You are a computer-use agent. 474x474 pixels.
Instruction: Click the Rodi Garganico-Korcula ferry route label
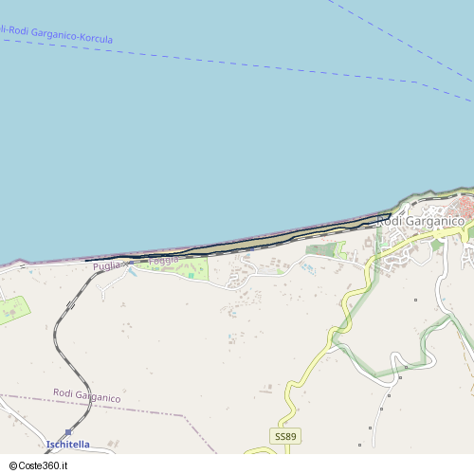pos(57,35)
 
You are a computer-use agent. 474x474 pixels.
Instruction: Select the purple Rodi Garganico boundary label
pos(86,395)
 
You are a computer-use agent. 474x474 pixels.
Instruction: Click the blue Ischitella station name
pos(67,444)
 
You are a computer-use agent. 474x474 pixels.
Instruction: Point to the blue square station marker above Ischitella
pos(68,431)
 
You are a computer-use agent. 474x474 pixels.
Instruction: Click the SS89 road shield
pos(284,436)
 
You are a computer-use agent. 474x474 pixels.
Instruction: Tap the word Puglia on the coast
pos(106,266)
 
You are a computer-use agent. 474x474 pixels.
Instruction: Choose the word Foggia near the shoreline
pos(163,260)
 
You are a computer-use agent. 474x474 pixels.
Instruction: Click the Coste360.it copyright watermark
pos(43,465)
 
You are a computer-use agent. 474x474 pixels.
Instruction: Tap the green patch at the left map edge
pos(11,310)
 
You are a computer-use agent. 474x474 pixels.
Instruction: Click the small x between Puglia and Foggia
pos(127,264)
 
